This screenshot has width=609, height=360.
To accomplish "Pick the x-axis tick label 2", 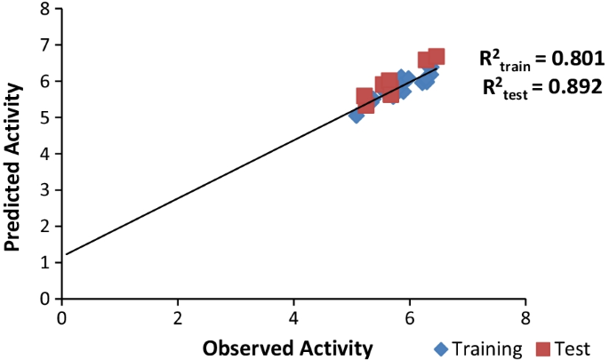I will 178,318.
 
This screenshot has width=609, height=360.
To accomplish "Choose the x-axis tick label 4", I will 294,318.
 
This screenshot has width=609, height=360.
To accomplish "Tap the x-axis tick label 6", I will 410,318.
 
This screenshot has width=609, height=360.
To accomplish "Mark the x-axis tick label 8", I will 525,318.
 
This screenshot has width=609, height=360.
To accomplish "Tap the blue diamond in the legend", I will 441,348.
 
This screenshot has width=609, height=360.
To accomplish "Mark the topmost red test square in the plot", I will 436,57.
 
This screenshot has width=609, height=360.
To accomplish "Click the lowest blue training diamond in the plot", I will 357,115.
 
